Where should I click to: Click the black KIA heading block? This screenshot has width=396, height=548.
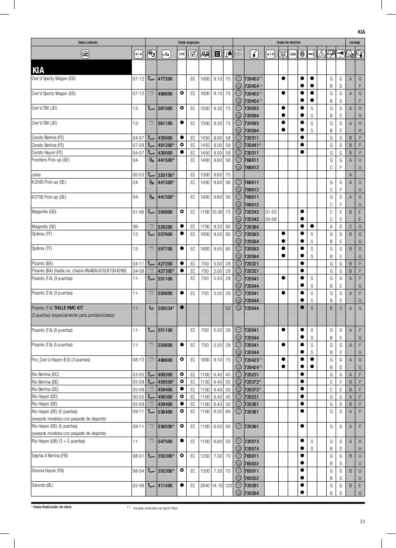(81, 68)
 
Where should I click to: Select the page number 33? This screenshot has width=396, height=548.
(362, 521)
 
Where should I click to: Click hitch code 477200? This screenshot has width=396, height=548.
(165, 79)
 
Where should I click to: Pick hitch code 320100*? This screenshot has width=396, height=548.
(166, 175)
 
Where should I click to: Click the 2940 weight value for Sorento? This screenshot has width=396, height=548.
(205, 485)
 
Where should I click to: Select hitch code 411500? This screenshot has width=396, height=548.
(165, 485)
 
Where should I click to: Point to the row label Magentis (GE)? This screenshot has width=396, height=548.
(44, 226)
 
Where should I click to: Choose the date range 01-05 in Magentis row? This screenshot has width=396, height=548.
(271, 212)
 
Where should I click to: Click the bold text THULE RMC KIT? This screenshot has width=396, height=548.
(68, 308)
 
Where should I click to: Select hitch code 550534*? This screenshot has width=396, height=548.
(166, 308)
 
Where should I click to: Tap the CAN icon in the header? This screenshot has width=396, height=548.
(292, 54)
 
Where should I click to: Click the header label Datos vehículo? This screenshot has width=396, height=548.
(88, 42)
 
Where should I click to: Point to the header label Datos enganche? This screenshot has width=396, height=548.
(188, 42)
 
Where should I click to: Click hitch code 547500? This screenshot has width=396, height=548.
(165, 441)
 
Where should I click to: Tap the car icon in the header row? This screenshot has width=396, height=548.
(85, 54)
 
